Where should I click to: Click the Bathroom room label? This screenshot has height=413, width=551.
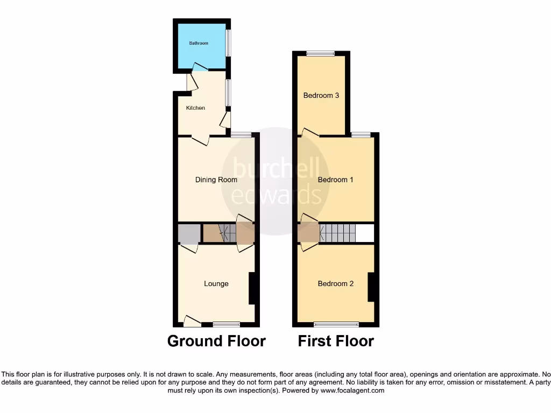[x=198, y=43]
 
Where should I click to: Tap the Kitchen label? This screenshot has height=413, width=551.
[x=195, y=108]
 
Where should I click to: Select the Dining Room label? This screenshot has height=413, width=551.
[x=216, y=180]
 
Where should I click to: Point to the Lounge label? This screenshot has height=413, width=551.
[x=216, y=284]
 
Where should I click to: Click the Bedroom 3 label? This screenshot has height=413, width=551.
[x=321, y=96]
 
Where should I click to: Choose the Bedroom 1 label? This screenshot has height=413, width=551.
[x=335, y=180]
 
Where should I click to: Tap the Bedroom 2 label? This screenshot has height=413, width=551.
[x=335, y=284]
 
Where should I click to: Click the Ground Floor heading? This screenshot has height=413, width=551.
[x=216, y=341]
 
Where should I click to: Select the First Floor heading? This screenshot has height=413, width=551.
[x=336, y=341]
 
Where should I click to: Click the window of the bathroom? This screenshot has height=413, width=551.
[x=229, y=42]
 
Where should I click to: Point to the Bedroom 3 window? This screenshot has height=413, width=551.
[x=320, y=53]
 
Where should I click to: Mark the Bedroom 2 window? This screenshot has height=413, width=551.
[x=336, y=324]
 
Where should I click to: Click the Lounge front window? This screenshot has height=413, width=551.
[x=226, y=324]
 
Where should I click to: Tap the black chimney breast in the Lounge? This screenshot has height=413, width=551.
[x=252, y=289]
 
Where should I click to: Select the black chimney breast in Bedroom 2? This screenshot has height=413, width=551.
[x=371, y=287]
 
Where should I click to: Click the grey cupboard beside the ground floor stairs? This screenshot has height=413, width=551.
[x=189, y=234]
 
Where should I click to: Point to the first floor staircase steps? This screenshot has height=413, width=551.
[x=338, y=233]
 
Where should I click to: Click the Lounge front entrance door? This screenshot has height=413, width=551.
[x=192, y=322]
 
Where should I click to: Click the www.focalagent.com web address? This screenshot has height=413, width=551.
[x=352, y=391]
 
